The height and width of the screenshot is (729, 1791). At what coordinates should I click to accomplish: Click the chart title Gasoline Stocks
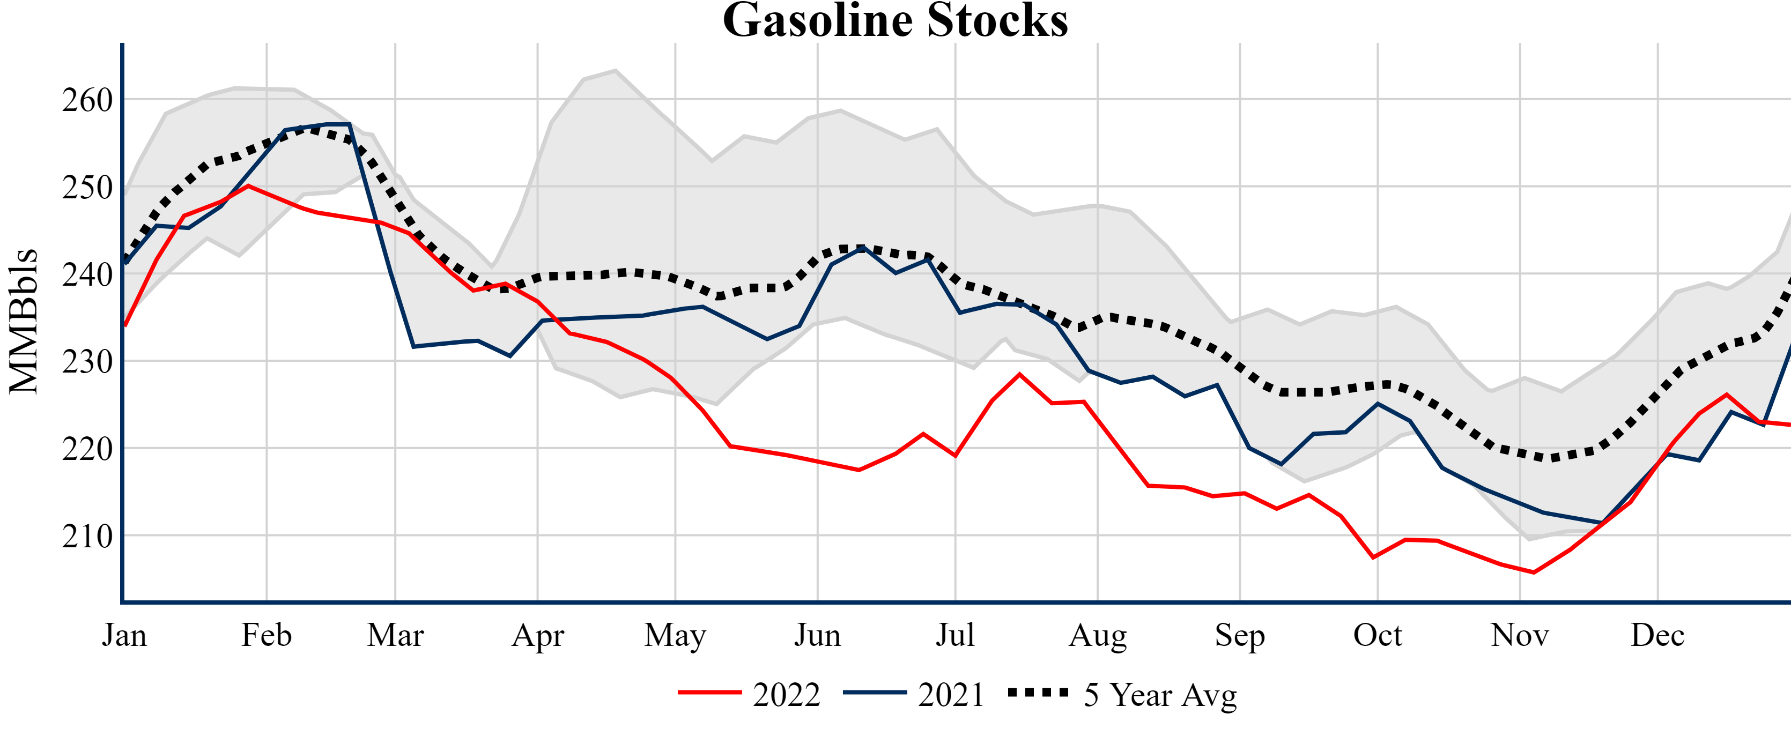[895, 21]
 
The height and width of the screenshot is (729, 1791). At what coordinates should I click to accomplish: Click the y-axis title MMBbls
[23, 321]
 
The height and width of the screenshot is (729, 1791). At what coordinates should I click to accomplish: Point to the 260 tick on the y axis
[87, 100]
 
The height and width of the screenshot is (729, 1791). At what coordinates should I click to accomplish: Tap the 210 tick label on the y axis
[87, 536]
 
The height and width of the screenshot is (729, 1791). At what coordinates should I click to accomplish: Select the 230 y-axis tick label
[87, 361]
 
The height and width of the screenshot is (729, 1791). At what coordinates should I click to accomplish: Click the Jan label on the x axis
[124, 635]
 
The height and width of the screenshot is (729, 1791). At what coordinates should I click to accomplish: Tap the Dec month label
[1657, 635]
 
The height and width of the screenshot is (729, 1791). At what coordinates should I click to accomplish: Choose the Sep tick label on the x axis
[1240, 635]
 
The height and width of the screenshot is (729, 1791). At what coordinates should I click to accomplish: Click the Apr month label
[537, 635]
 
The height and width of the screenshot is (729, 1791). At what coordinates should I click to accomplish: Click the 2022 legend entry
[750, 694]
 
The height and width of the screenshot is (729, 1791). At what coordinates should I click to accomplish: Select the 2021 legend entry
[914, 694]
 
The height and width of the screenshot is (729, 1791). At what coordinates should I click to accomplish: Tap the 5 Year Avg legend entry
[1123, 694]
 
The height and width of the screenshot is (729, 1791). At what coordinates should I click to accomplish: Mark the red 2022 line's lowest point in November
[1534, 572]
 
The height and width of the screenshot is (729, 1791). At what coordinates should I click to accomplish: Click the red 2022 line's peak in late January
[248, 185]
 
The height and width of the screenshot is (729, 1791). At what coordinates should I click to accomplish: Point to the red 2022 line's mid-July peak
[1019, 374]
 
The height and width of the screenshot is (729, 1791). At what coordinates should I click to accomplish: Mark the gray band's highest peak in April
[615, 70]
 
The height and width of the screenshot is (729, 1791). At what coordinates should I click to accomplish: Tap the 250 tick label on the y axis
[87, 188]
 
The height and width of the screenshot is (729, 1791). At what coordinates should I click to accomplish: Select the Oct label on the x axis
[1378, 635]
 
